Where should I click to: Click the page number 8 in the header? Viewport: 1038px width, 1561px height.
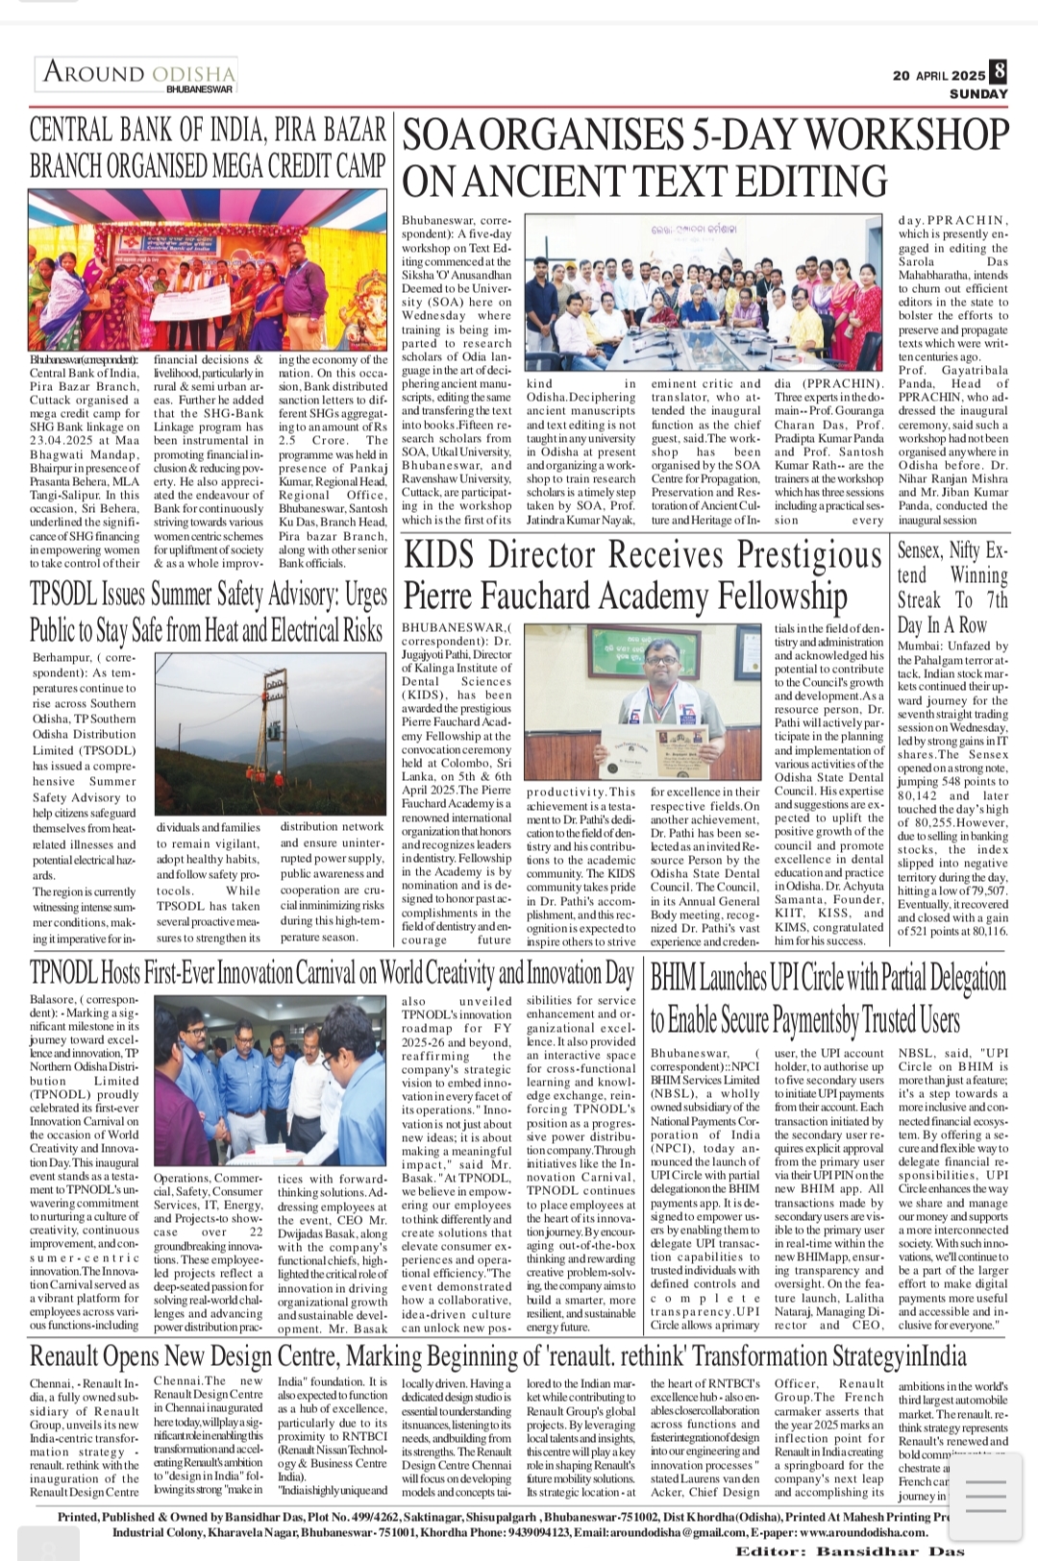point(1000,71)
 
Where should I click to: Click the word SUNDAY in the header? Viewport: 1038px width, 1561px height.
point(978,94)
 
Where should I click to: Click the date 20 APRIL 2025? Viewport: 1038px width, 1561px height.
point(939,76)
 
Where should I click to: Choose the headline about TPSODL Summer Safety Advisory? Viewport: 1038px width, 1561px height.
point(208,612)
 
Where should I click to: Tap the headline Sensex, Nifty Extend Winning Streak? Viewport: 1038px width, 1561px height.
point(951,587)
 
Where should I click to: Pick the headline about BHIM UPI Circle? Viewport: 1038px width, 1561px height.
point(828,999)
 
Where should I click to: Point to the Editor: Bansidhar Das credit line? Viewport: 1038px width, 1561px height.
point(850,1550)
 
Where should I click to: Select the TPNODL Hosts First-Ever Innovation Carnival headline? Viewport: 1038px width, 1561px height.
point(332,973)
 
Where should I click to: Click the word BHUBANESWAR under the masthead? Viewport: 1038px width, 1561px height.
point(199,89)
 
